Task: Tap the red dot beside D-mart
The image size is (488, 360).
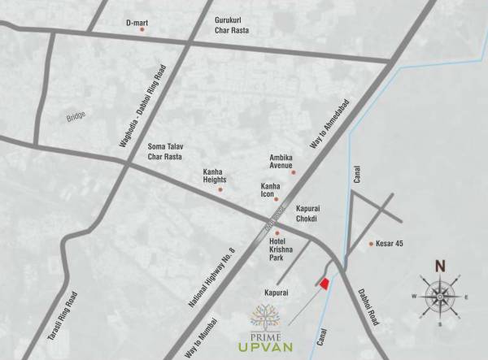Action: (142, 29)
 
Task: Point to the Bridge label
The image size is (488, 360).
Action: (76, 118)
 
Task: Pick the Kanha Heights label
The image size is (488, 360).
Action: (216, 176)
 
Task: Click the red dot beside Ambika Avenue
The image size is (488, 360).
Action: (294, 172)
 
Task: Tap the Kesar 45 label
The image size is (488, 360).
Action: (390, 244)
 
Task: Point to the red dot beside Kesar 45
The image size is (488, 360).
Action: (372, 244)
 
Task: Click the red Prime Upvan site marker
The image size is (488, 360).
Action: (324, 283)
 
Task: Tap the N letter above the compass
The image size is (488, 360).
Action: (440, 265)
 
